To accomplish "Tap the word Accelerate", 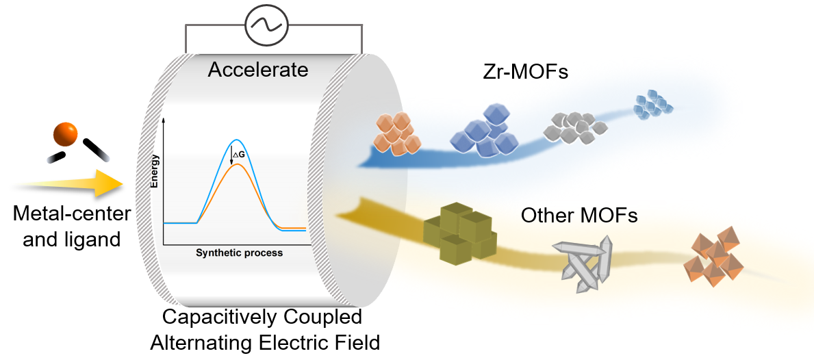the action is [258, 70].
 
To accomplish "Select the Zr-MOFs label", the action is [524, 72].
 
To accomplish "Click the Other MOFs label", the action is [578, 216].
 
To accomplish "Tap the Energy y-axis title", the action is [155, 170].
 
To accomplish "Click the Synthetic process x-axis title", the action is [240, 253].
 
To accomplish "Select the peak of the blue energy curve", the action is [237, 140].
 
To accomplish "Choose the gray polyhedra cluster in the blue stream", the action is [574, 127].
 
